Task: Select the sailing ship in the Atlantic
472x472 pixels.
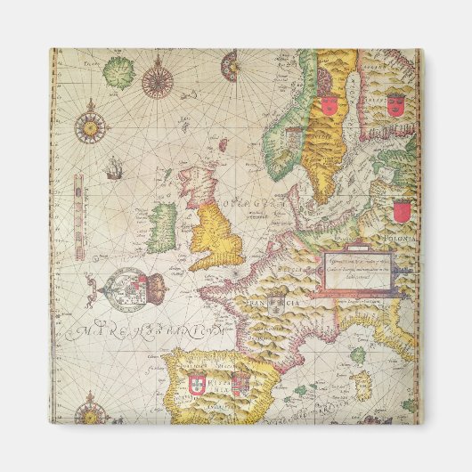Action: (113, 167)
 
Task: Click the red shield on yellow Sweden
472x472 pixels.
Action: (329, 104)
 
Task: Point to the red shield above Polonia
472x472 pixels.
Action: (402, 211)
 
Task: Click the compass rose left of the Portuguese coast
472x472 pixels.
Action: (92, 411)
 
